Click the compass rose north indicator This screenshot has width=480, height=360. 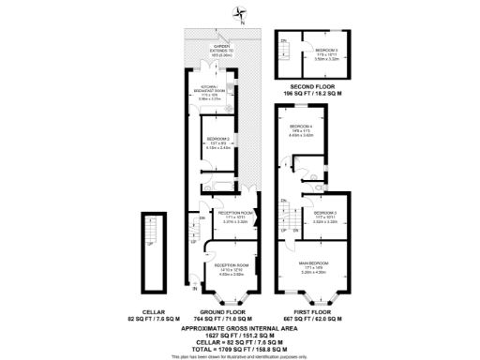tap(240, 12)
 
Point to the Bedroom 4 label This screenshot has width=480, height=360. tap(300, 128)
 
